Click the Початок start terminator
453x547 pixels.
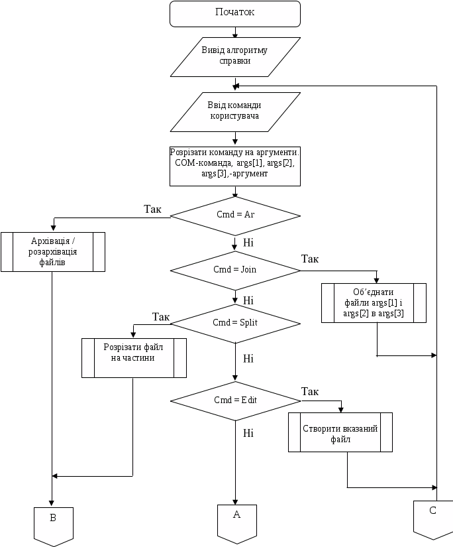[235, 13]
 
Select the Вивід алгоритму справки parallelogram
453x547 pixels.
[235, 56]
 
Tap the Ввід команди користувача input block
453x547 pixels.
[235, 111]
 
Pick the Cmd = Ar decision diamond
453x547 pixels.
[235, 215]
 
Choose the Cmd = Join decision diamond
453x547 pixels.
[235, 270]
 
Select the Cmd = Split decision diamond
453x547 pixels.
[235, 323]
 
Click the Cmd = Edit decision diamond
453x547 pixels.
[235, 400]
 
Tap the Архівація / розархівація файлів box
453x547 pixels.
[53, 251]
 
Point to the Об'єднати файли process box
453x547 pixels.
[374, 303]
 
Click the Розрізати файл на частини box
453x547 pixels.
[133, 358]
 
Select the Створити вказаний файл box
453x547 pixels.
[340, 433]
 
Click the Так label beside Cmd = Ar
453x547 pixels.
[153, 209]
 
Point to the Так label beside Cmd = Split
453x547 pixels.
[161, 317]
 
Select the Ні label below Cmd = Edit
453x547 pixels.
[248, 433]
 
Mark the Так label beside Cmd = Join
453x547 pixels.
[310, 259]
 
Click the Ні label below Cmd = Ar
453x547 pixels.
[248, 242]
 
